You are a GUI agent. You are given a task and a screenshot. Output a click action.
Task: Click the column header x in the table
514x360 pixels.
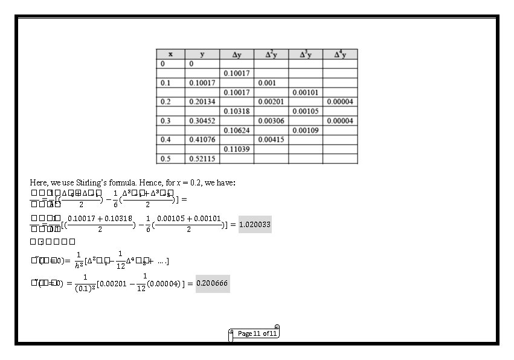pos(170,54)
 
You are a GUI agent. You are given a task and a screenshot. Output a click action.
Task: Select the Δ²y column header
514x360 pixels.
pos(271,54)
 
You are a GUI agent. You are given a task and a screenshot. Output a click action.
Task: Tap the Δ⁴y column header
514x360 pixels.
pos(340,54)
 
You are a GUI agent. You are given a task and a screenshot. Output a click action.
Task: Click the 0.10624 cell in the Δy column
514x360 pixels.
pos(236,130)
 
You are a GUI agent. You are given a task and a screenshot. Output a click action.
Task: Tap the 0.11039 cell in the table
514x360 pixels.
pos(236,149)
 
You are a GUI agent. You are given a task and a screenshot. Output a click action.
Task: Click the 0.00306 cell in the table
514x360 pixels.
pos(271,121)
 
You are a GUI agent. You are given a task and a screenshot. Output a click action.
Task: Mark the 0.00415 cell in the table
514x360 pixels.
pos(271,140)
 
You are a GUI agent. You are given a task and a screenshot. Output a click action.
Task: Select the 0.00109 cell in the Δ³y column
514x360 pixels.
pos(305,130)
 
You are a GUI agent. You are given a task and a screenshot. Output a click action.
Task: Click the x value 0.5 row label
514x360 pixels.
pos(165,159)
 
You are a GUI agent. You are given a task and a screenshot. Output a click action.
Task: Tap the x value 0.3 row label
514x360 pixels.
pos(165,121)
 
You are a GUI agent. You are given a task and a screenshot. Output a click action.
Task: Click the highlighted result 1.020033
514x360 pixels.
pos(255,225)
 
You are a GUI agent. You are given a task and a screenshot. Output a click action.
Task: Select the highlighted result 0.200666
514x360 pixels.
pos(213,283)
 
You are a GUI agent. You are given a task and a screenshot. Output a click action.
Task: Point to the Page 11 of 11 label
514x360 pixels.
pos(257,333)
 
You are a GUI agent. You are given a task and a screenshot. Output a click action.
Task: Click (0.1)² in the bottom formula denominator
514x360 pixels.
pos(85,289)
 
